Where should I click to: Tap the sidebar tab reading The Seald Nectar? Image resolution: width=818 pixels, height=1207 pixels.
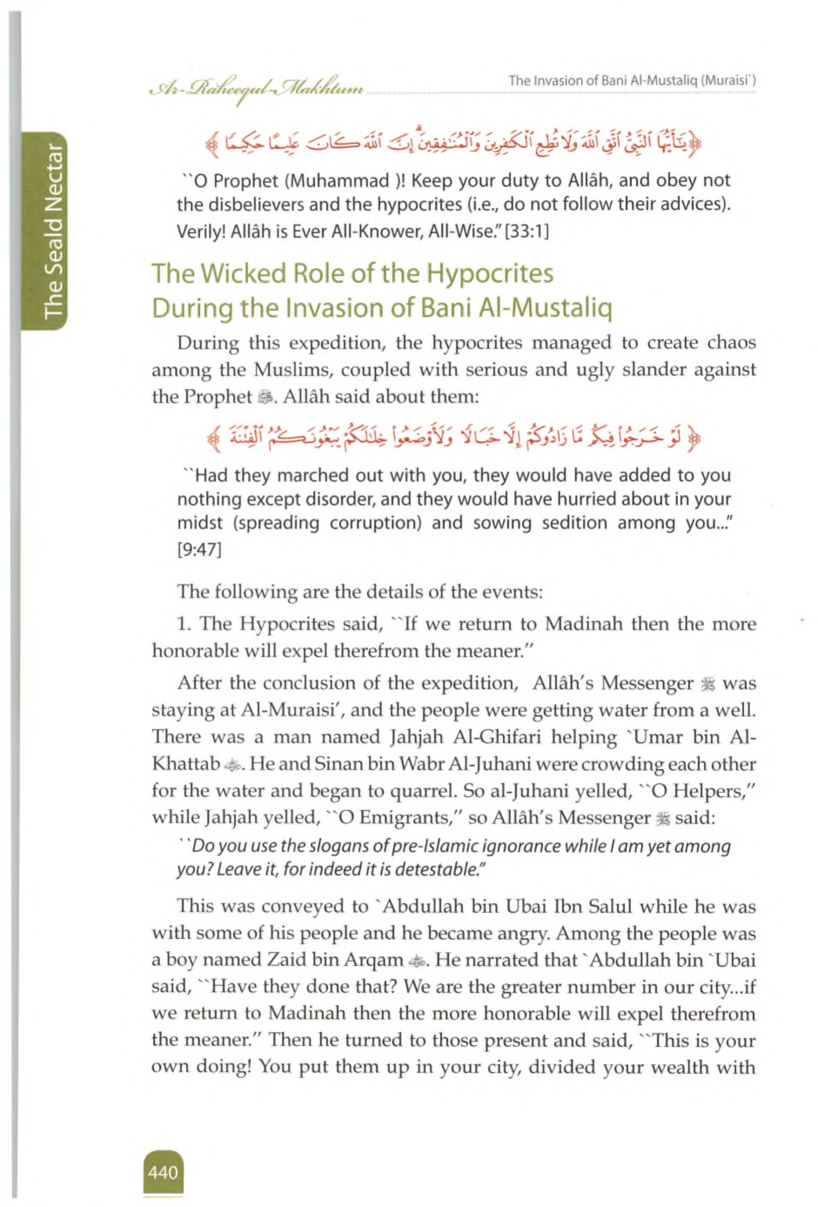point(54,232)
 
